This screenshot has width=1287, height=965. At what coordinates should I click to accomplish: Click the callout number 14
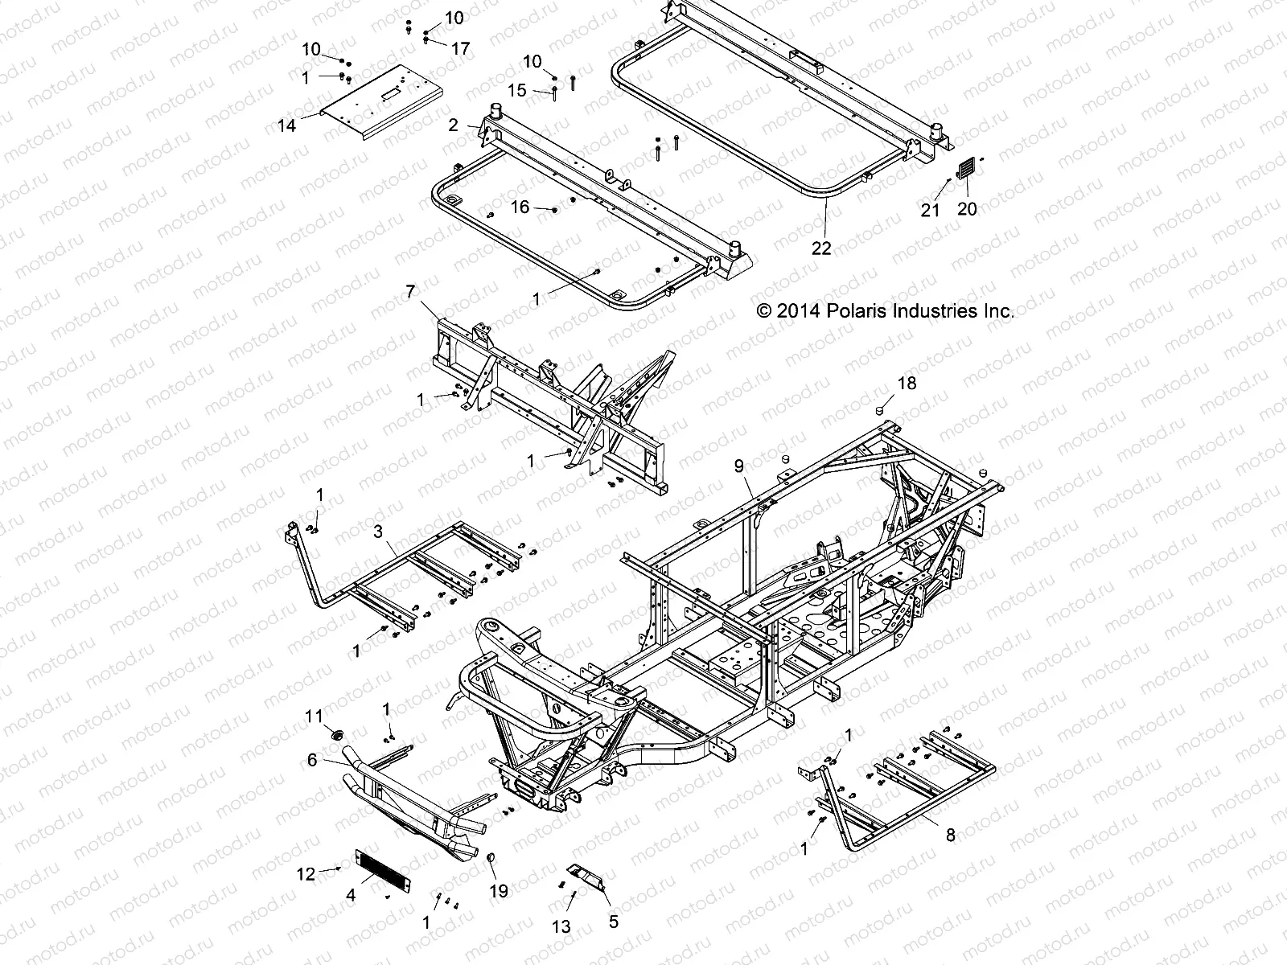[x=286, y=125]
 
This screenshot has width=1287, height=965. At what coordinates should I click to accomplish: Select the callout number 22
[x=820, y=248]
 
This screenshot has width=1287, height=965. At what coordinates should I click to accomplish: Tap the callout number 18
[x=907, y=384]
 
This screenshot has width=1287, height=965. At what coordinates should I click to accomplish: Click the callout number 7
[x=410, y=291]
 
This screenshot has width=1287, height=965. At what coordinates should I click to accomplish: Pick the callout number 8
[x=950, y=836]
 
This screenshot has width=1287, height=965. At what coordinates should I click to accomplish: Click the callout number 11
[x=314, y=715]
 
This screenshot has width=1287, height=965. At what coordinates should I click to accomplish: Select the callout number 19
[x=498, y=892]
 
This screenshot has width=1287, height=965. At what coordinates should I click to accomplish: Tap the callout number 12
[x=306, y=874]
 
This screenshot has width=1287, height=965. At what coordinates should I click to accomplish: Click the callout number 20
[x=967, y=208]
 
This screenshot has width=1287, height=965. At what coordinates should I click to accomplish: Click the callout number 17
[x=460, y=49]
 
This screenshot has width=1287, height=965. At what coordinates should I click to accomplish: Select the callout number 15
[x=517, y=90]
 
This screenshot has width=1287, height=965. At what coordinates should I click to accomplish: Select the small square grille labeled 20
[x=966, y=169]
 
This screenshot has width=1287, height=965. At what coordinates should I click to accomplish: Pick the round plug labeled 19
[x=488, y=863]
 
